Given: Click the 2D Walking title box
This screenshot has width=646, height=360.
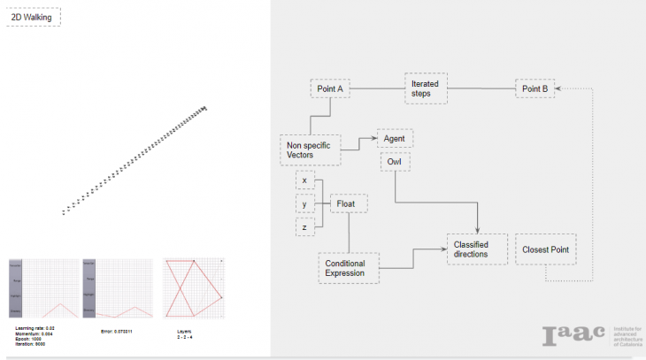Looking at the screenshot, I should (34, 17).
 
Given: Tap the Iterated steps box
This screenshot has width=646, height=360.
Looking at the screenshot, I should (426, 88).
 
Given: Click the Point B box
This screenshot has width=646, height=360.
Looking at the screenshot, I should (534, 88).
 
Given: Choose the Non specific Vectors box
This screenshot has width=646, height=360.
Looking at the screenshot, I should (310, 149).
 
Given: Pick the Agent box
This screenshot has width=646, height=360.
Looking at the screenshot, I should (395, 139).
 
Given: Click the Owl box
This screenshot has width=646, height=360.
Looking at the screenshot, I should (395, 163).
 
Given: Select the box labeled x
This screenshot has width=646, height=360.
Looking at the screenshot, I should (304, 180).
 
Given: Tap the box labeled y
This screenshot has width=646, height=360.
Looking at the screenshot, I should (304, 204).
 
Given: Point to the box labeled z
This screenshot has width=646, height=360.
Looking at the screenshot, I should (304, 228).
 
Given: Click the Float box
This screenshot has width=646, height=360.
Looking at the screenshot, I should (348, 203).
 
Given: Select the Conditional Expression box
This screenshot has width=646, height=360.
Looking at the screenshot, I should (348, 268).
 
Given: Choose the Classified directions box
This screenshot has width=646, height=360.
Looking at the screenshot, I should (477, 249).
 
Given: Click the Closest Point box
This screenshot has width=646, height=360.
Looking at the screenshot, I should (546, 249).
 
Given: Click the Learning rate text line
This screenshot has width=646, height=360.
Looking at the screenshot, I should (35, 328).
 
